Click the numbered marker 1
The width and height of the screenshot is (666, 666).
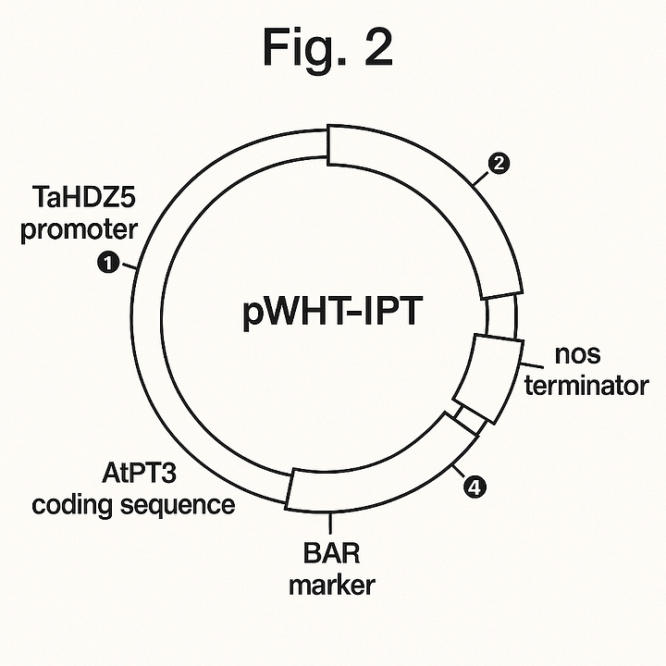[107, 264]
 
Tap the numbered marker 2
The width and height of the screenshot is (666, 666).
[499, 165]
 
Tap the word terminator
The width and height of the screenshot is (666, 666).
[586, 384]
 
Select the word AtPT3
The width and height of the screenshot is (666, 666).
[139, 475]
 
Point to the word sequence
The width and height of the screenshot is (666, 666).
[181, 505]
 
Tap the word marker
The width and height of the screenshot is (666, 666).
[331, 586]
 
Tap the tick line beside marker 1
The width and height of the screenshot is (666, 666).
[132, 266]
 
